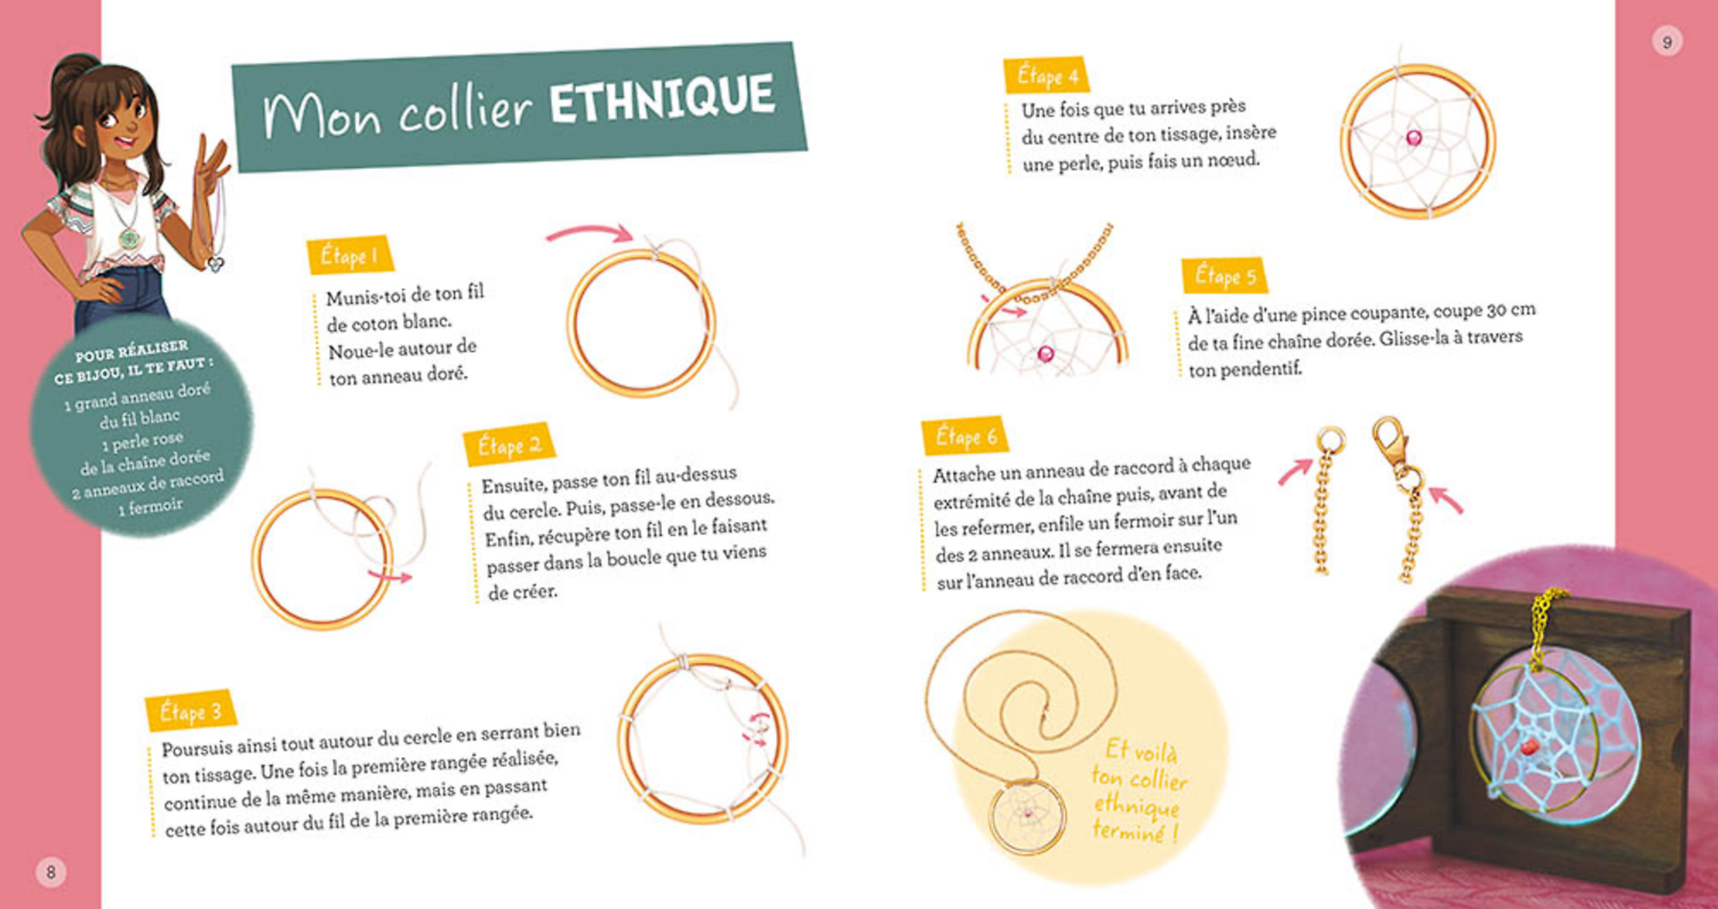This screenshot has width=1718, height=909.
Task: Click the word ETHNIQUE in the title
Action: pos(661,100)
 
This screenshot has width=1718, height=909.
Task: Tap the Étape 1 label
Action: pos(349,256)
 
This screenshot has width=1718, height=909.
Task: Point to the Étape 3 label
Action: pos(190,712)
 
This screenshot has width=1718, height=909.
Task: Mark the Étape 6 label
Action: pos(965,436)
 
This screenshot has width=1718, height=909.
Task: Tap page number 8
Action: pos(51,871)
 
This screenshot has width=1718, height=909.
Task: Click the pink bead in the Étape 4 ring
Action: pos(1413,138)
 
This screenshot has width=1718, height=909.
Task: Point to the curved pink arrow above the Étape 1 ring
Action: pos(589,234)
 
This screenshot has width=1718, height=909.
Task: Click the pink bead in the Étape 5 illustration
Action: pos(1045,353)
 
